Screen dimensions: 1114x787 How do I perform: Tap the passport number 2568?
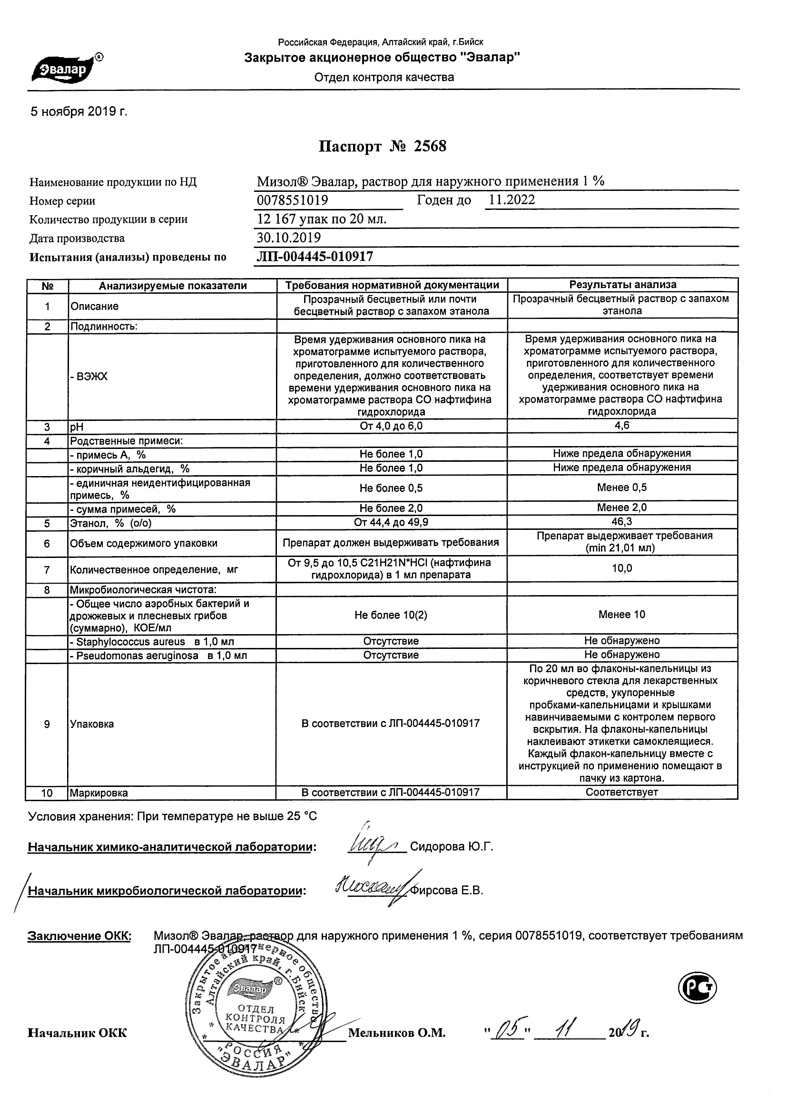click(x=430, y=146)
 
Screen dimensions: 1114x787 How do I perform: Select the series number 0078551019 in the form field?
click(x=293, y=200)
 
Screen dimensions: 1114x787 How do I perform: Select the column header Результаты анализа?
click(x=623, y=285)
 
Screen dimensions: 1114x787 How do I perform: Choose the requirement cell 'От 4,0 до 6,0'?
click(x=391, y=426)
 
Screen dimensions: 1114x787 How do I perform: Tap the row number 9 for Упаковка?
click(x=47, y=725)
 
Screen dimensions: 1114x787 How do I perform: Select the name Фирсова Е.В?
click(x=447, y=890)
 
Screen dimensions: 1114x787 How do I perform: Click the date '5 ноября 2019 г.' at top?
click(x=79, y=111)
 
